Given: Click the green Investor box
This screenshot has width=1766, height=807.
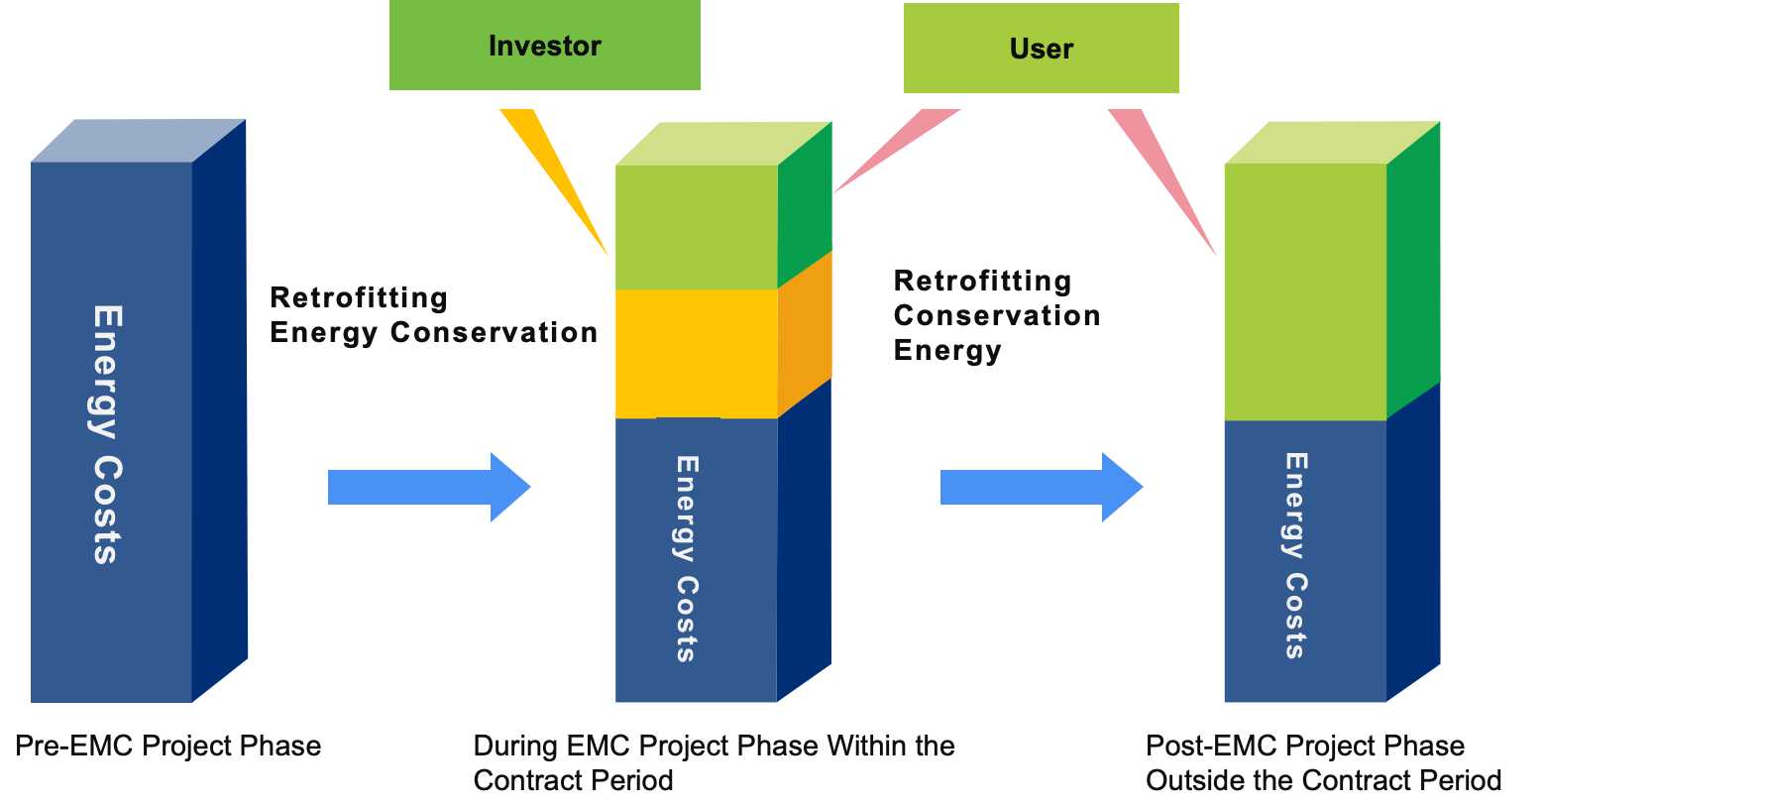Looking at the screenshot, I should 544,46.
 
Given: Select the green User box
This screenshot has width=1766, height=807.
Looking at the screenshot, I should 1041,49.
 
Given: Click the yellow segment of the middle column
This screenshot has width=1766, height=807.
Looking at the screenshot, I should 696,353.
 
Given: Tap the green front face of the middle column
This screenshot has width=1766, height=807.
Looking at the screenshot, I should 696,226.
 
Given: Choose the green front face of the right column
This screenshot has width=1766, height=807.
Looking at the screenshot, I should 1305,291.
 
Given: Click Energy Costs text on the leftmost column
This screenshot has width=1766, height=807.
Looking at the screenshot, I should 107,434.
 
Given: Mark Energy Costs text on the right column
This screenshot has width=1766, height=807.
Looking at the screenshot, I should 1295,555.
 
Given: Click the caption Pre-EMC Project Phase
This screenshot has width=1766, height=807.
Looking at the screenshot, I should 168,746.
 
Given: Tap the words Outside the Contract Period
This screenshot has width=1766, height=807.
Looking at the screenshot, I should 1323,780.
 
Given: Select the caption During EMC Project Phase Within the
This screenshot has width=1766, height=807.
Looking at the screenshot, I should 714,746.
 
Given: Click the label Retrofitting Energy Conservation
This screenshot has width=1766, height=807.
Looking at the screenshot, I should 433,315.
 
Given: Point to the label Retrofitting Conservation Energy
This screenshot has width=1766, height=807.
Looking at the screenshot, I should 996,315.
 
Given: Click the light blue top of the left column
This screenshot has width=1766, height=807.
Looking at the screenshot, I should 139,141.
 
